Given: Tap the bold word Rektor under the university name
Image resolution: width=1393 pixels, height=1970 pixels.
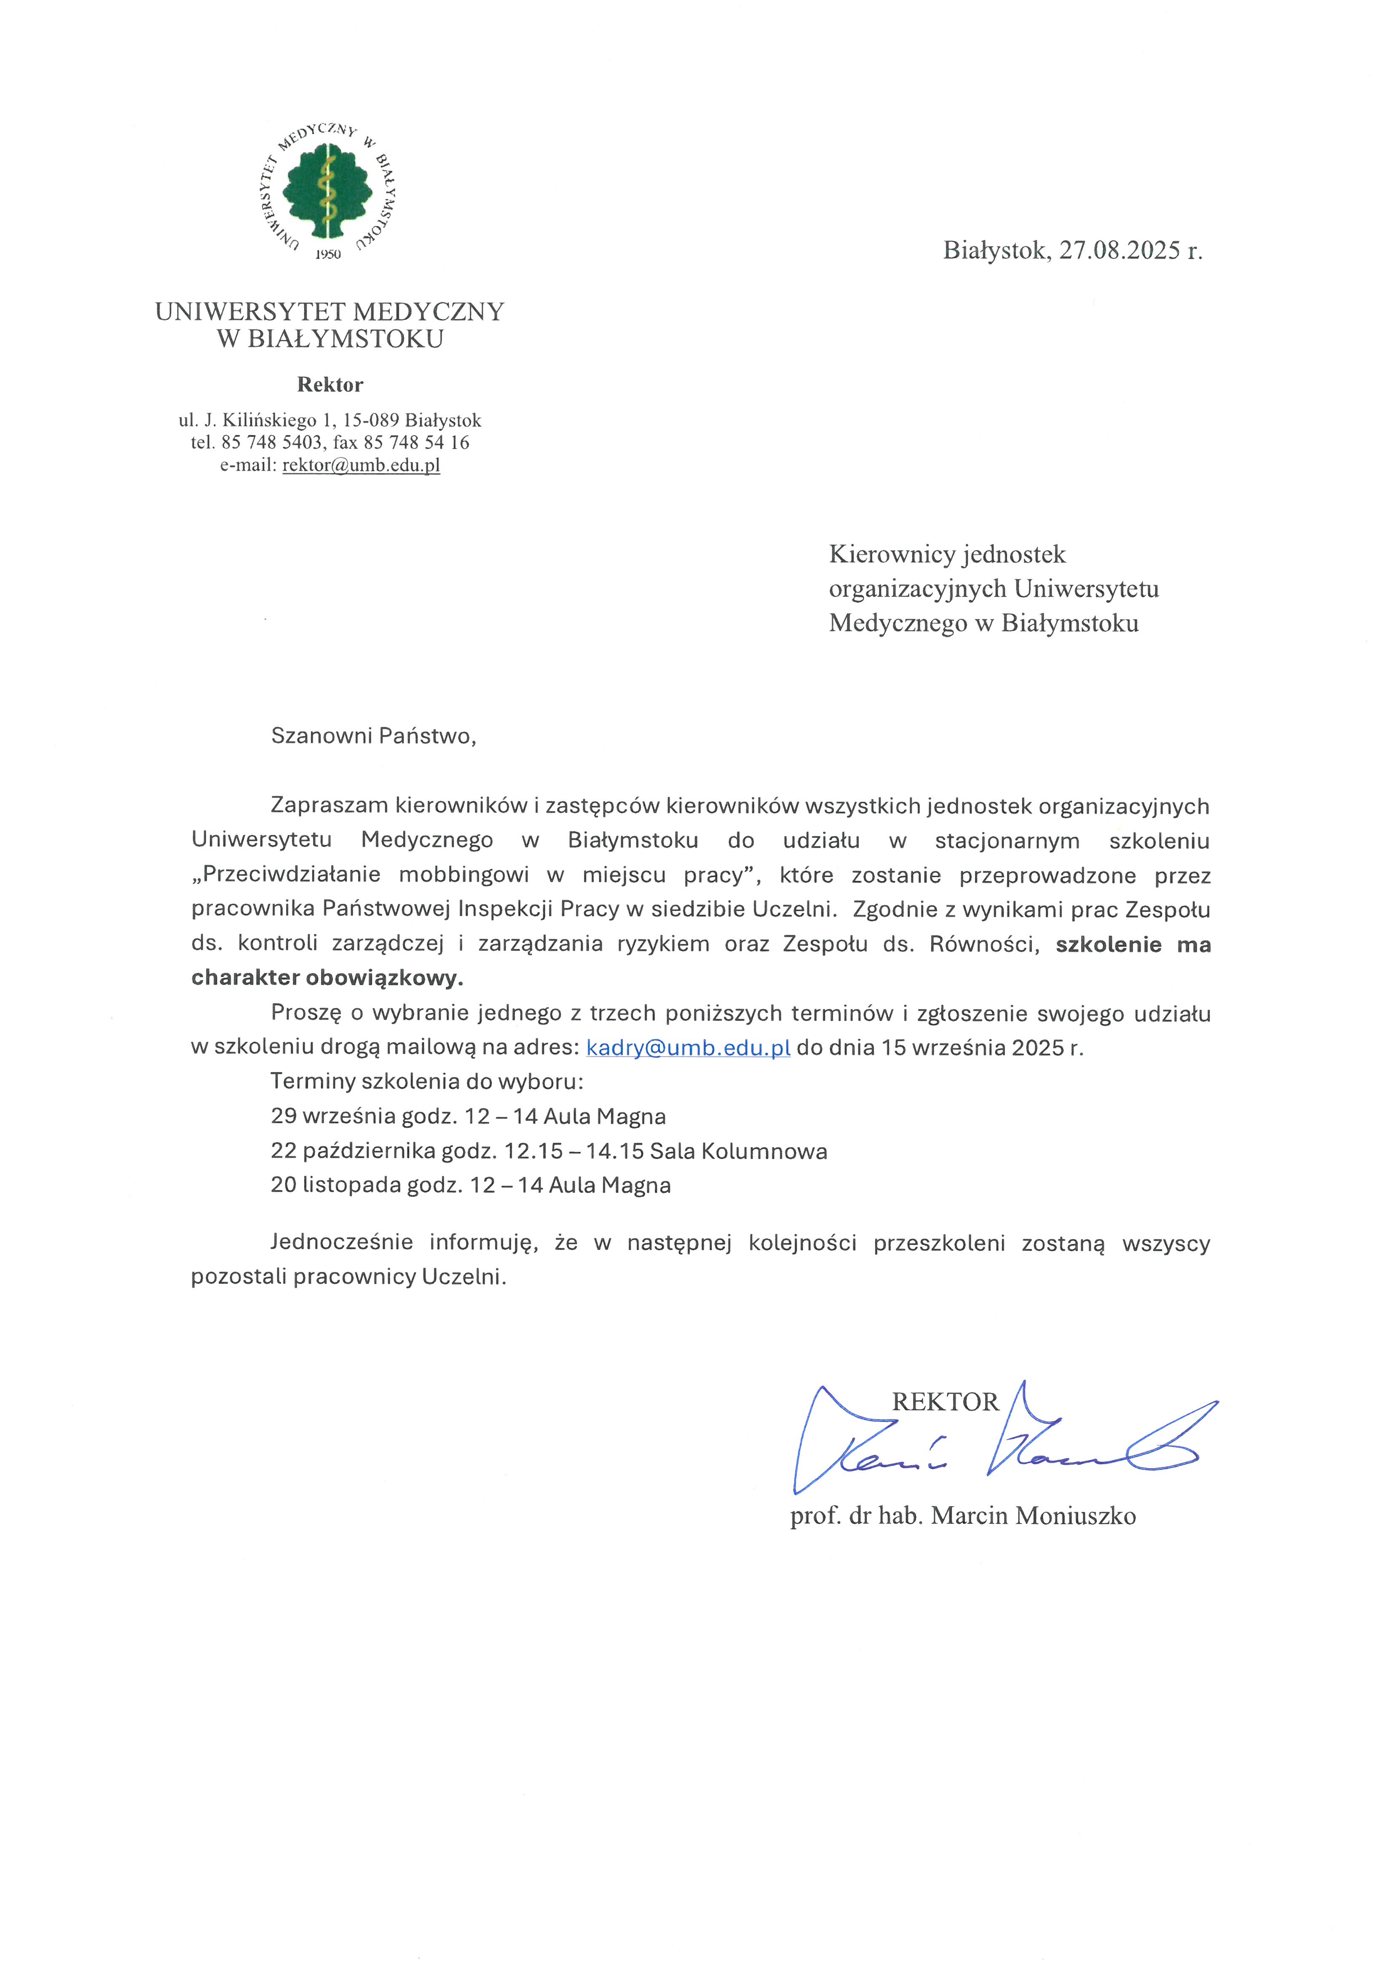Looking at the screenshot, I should (x=329, y=384).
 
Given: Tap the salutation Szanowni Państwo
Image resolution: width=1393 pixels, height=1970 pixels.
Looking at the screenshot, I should (x=373, y=736).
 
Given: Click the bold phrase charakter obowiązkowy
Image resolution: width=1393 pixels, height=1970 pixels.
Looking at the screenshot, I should (x=327, y=978).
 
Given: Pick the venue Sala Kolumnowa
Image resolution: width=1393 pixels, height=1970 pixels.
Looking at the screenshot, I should (x=738, y=1151).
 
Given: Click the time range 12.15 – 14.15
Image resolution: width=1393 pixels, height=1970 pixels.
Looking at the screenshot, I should (x=573, y=1151).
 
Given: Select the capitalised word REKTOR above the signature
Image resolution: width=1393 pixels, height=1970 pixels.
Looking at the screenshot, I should (x=945, y=1402).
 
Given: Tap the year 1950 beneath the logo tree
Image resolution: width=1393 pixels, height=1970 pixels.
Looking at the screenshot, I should (x=328, y=255).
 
